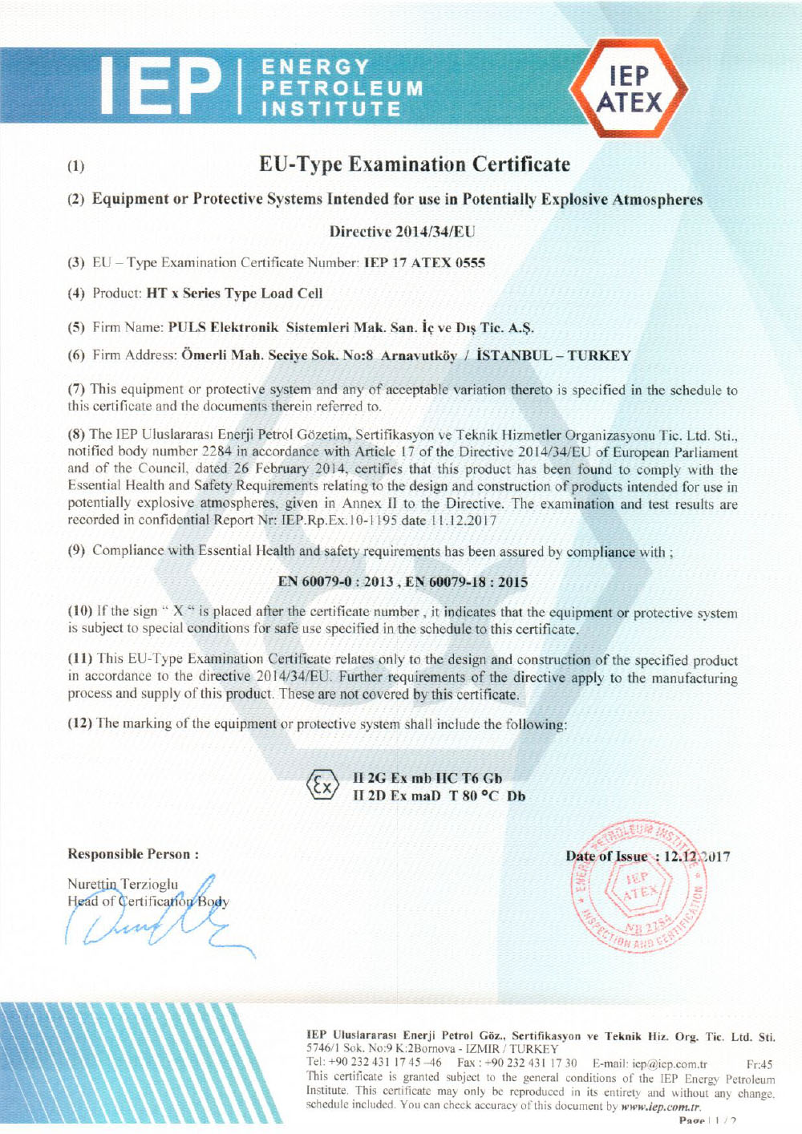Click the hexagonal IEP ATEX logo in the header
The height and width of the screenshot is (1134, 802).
[x=629, y=90]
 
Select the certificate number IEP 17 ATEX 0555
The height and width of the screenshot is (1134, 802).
[x=424, y=263]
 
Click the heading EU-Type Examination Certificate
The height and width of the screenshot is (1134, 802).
[x=415, y=165]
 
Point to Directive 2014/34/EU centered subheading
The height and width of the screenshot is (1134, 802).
[x=402, y=232]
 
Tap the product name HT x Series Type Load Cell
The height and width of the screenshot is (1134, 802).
[x=234, y=294]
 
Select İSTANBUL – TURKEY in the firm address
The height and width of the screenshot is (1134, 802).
[x=553, y=356]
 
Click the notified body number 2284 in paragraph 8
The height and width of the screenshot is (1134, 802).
[x=215, y=452]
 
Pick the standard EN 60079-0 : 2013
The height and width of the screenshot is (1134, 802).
[x=335, y=582]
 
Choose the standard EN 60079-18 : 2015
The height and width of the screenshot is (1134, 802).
[x=467, y=582]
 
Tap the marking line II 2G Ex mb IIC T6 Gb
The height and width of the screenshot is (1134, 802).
[x=427, y=778]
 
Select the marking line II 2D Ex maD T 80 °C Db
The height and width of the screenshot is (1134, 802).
[x=439, y=796]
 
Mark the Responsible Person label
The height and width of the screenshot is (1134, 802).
[x=133, y=854]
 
